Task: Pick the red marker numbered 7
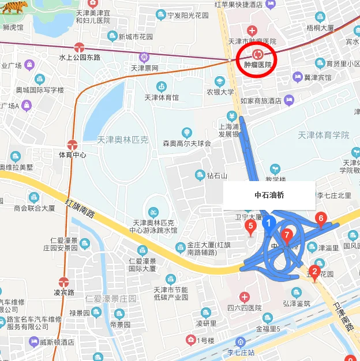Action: click(x=287, y=235)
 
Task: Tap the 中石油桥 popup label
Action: click(x=269, y=195)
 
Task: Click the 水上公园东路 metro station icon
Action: click(x=80, y=47)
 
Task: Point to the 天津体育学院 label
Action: click(x=324, y=135)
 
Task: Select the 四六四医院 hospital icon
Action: click(x=245, y=298)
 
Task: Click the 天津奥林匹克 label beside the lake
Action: click(x=123, y=140)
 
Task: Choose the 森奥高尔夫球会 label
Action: click(x=187, y=142)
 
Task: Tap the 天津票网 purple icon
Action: click(x=144, y=57)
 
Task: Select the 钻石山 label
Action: click(x=217, y=175)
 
